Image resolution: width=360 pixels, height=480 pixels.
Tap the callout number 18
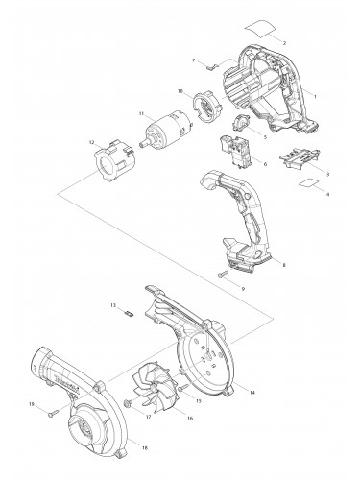click(x=145, y=448)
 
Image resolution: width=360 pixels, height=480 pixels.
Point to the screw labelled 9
click(x=224, y=277)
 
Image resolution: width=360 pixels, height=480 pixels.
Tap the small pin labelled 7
click(x=214, y=67)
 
